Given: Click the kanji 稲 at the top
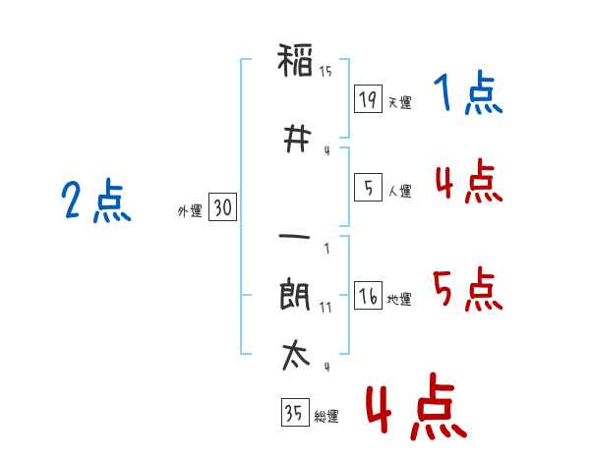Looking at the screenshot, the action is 295,60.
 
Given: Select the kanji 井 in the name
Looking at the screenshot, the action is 297,139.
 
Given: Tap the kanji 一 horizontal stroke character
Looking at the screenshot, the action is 295,237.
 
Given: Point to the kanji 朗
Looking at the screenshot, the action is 295,294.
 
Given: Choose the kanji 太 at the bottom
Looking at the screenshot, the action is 296,355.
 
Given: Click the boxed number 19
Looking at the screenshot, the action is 368,98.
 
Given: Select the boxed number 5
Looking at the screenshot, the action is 368,187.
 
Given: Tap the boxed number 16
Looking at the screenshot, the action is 368,295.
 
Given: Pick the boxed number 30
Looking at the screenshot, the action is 223,207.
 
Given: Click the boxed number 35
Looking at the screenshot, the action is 295,412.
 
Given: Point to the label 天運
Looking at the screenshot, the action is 400,102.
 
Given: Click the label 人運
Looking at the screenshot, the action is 400,191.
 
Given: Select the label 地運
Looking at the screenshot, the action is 399,300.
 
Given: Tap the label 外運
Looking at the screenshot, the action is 190,211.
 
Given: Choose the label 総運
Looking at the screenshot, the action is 326,417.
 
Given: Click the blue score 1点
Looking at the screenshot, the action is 468,92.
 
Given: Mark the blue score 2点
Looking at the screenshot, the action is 96,201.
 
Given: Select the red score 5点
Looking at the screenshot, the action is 468,289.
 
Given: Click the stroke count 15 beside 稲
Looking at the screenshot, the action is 325,72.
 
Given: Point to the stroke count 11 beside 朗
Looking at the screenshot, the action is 325,308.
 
